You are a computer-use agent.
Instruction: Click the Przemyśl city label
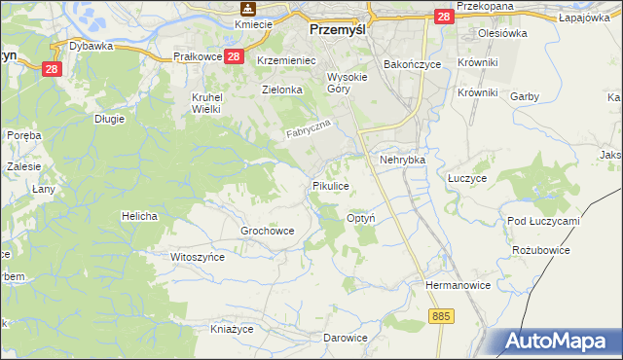point(336,30)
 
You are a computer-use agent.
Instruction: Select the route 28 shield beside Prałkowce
point(233,57)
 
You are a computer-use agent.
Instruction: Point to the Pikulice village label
point(330,184)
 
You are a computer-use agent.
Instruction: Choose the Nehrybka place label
point(403,160)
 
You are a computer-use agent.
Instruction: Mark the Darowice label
point(346,338)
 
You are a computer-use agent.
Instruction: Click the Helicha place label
point(139,215)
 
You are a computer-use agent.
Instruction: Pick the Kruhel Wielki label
point(207,103)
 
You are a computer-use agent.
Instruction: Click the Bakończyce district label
point(412,63)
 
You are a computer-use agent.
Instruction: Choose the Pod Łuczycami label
point(543,221)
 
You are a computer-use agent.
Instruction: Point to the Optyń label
point(362,219)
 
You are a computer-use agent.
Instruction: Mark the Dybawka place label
point(92,45)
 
